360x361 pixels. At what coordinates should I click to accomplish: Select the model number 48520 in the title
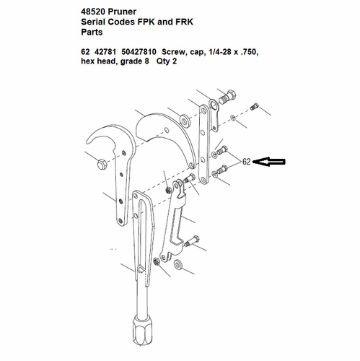(x=93, y=12)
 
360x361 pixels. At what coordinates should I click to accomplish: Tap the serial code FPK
(x=146, y=22)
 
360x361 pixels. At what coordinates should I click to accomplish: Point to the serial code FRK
(x=184, y=22)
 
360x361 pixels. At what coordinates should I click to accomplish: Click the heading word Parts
(x=92, y=32)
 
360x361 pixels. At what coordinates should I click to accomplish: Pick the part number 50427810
(x=139, y=52)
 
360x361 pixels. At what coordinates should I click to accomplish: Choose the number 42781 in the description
(x=105, y=52)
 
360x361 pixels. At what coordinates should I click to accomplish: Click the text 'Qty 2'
(x=167, y=61)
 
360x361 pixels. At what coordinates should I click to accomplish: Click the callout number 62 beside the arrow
(x=247, y=162)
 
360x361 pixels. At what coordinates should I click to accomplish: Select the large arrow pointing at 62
(x=269, y=162)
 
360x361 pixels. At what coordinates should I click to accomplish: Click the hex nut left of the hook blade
(x=102, y=165)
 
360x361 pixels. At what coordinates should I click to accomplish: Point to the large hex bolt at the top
(x=227, y=97)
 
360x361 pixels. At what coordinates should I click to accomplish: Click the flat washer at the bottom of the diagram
(x=178, y=265)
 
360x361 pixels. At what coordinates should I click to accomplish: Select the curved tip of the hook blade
(x=88, y=142)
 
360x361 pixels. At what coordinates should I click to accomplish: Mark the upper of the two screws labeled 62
(x=222, y=150)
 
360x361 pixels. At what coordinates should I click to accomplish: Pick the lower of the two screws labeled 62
(x=221, y=170)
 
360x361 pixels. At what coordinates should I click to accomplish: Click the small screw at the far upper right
(x=254, y=107)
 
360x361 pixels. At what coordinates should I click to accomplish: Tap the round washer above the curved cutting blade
(x=185, y=121)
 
